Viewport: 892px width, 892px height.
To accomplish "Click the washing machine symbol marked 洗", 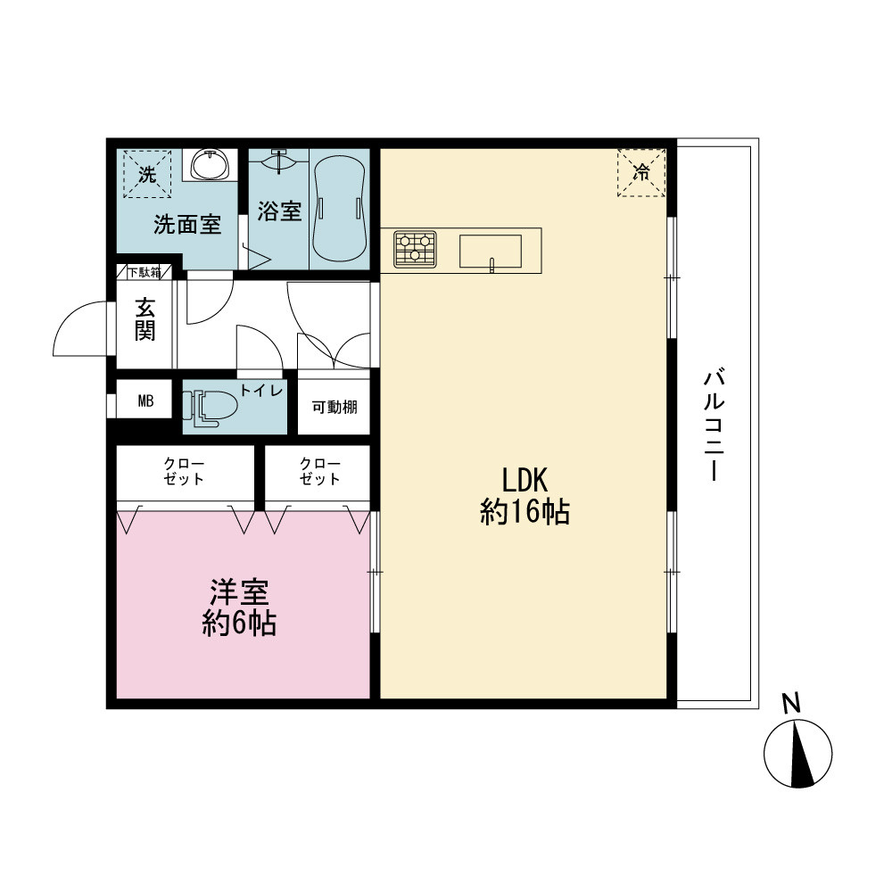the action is (x=147, y=174).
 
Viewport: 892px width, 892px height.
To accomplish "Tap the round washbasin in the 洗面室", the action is (x=210, y=165).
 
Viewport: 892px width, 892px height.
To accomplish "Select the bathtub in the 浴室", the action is (x=339, y=209).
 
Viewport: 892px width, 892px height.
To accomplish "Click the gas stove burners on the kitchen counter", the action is (x=416, y=249).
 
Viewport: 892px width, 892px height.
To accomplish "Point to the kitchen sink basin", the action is (x=491, y=251).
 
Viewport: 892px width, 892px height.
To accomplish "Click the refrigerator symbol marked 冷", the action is (x=641, y=173).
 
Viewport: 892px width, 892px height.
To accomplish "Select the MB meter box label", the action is (x=145, y=401).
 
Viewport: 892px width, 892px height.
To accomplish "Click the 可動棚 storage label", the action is (x=334, y=407).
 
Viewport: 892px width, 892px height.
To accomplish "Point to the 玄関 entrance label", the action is (x=145, y=319).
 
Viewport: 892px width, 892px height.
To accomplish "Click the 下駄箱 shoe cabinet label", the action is (x=144, y=272).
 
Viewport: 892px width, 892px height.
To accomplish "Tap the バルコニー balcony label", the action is (x=714, y=425).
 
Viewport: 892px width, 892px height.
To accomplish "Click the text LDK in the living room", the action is (x=524, y=480).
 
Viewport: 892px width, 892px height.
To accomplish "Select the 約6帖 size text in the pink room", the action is (x=239, y=624).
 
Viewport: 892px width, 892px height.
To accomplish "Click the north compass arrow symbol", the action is (x=797, y=753).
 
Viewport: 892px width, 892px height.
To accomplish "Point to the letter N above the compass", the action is (x=791, y=703).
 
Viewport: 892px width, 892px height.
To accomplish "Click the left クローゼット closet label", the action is (x=183, y=472).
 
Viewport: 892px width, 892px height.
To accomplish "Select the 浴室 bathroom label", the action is (x=278, y=211).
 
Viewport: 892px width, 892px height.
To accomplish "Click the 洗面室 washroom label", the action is (x=187, y=225).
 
